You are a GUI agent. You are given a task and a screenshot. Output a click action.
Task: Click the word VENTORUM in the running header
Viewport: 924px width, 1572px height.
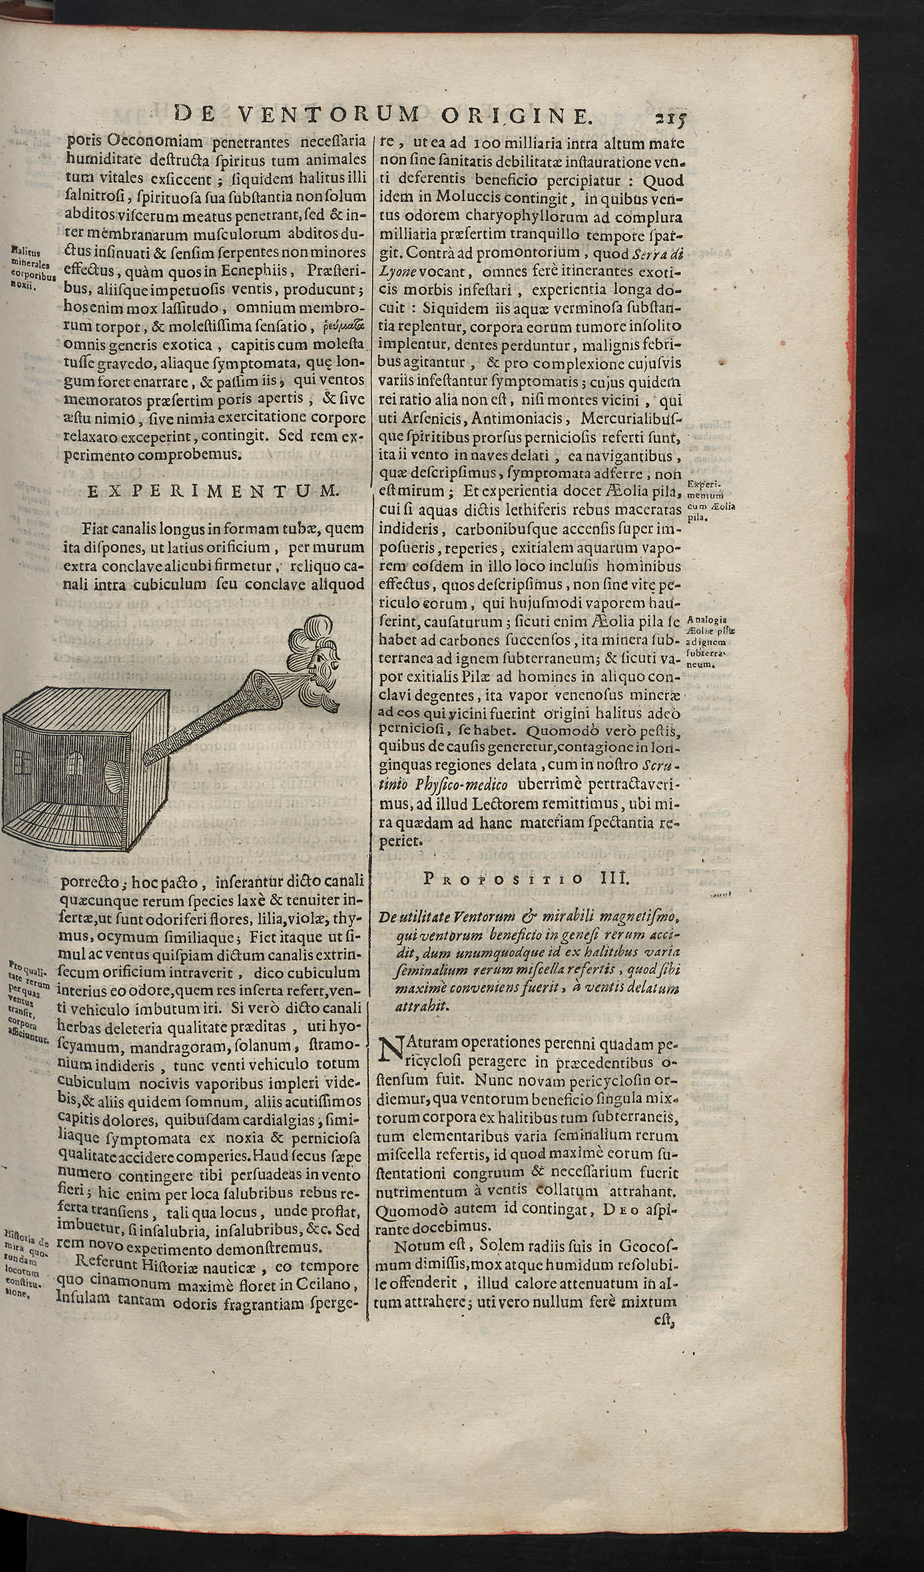pyautogui.click(x=329, y=116)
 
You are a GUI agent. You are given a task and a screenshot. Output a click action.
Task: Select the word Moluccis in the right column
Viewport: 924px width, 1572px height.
pyautogui.click(x=466, y=198)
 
